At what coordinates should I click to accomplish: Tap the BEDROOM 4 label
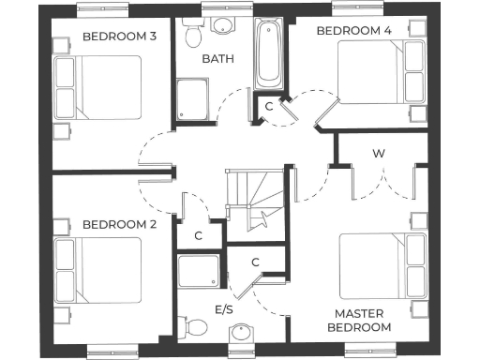(353, 31)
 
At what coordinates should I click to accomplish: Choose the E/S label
(225, 309)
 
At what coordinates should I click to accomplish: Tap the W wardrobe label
(379, 153)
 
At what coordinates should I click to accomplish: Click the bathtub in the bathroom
(268, 53)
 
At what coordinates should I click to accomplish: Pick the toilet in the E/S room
(196, 327)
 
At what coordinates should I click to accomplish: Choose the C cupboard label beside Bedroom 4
(269, 106)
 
